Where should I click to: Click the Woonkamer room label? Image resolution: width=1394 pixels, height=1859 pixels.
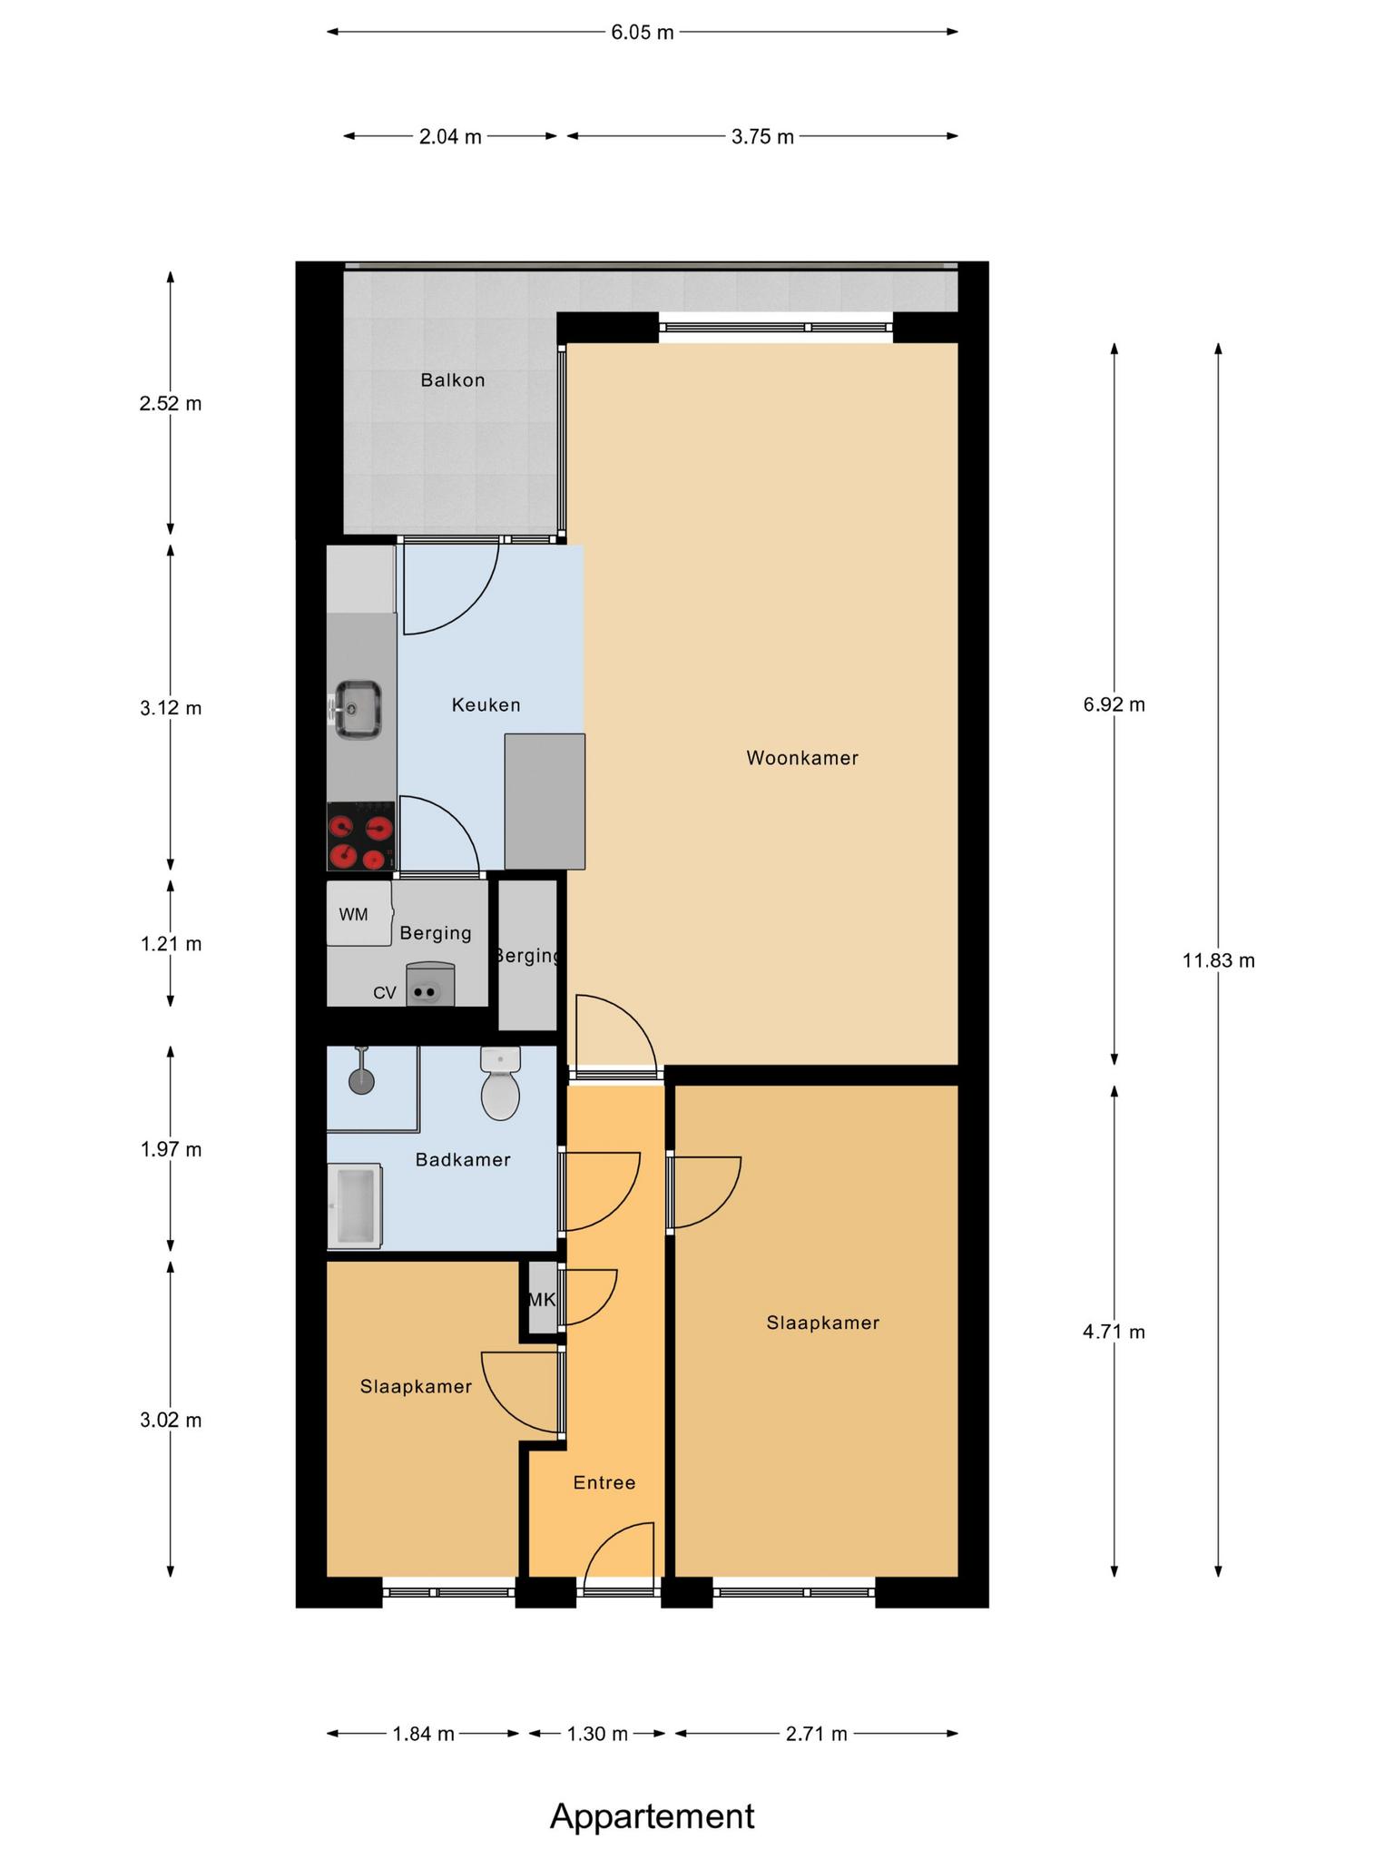click(x=802, y=758)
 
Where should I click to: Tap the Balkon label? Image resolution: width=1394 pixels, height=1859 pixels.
click(x=453, y=380)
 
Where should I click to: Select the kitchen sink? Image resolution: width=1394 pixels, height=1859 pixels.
click(x=357, y=709)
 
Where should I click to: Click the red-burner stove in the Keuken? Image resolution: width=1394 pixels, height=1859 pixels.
click(x=361, y=836)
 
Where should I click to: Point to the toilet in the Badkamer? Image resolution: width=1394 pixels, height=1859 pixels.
click(x=500, y=1084)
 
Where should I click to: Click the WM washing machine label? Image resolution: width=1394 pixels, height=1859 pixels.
click(x=354, y=915)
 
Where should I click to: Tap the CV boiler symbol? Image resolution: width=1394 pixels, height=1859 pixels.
click(x=430, y=985)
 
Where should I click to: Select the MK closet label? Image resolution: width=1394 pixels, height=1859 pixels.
click(x=542, y=1300)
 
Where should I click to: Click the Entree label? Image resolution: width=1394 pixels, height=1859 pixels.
click(x=604, y=1482)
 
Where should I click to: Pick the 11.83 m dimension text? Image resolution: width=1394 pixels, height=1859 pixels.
click(x=1219, y=960)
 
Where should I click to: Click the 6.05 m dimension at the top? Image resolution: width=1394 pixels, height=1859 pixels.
click(x=643, y=33)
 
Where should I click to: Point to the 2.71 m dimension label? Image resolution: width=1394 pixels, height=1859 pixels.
click(x=817, y=1734)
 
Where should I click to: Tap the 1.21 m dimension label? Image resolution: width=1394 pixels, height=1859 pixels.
click(x=171, y=944)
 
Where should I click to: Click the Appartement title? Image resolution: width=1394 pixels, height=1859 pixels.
click(x=653, y=1816)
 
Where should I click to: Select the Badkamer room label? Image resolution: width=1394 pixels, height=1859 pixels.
click(x=463, y=1160)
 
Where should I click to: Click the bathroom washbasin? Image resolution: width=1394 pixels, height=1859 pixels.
click(x=355, y=1206)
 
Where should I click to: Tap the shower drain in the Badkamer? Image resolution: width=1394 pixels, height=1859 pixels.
click(x=361, y=1081)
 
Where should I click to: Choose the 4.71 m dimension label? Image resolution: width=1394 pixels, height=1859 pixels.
click(x=1114, y=1333)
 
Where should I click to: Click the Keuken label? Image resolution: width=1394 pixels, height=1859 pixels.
click(x=486, y=705)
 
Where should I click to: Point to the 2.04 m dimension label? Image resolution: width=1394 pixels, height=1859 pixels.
click(x=450, y=137)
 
